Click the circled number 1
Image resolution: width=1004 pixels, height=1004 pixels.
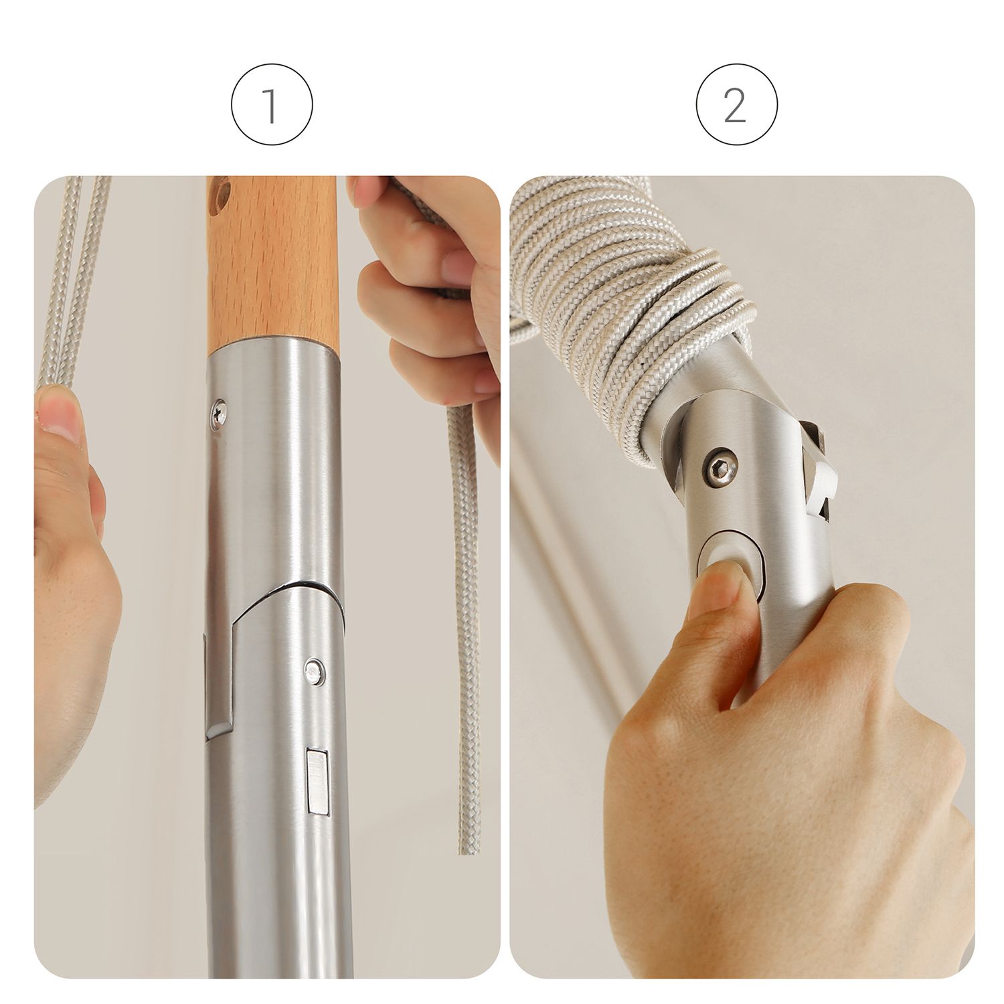(272, 105)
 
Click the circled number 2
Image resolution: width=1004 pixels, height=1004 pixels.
(736, 105)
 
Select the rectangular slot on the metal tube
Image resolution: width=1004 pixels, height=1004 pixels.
(317, 782)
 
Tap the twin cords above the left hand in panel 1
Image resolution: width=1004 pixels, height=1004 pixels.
(70, 281)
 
